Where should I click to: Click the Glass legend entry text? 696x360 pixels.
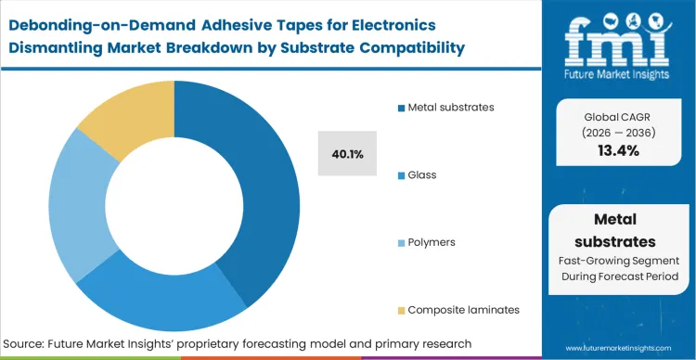click(x=420, y=174)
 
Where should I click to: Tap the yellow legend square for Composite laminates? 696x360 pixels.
click(x=399, y=310)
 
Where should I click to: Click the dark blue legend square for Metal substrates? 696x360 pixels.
click(x=399, y=108)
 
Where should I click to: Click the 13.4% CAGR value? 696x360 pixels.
click(x=619, y=150)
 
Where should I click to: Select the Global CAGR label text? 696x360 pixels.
click(x=619, y=116)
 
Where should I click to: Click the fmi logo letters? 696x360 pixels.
click(x=620, y=34)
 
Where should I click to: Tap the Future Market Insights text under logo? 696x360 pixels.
click(x=620, y=69)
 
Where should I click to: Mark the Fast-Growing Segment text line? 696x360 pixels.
click(x=619, y=262)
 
